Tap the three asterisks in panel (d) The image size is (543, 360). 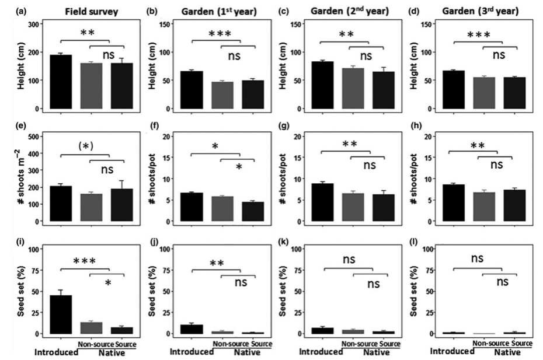click(x=478, y=34)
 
